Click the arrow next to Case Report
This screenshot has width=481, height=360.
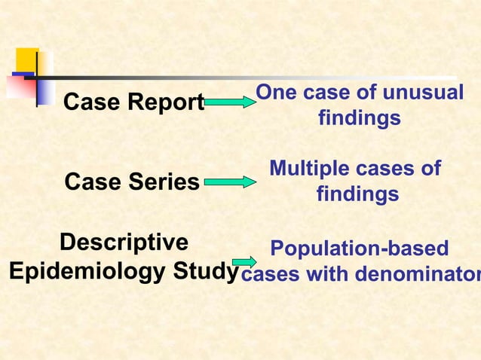(231, 102)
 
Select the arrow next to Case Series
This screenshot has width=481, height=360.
(231, 182)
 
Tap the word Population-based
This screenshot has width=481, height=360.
(359, 249)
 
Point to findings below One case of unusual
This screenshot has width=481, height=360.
(359, 119)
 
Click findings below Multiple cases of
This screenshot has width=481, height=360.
(357, 195)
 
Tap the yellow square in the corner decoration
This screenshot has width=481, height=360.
(27, 59)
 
